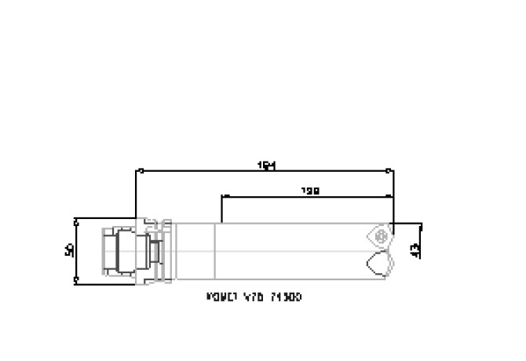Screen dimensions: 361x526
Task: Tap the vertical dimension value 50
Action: click(x=69, y=250)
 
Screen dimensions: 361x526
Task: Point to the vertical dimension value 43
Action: click(x=415, y=250)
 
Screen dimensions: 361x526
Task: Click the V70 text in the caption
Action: click(x=254, y=298)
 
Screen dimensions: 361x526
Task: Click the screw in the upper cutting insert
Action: click(x=381, y=235)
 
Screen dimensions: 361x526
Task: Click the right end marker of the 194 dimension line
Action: click(x=392, y=170)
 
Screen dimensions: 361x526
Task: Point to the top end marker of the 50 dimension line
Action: click(x=76, y=221)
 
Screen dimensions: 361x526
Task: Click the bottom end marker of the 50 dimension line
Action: click(x=76, y=279)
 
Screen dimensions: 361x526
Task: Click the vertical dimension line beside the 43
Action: click(x=422, y=243)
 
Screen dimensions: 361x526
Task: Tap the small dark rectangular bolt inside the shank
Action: click(x=156, y=251)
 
